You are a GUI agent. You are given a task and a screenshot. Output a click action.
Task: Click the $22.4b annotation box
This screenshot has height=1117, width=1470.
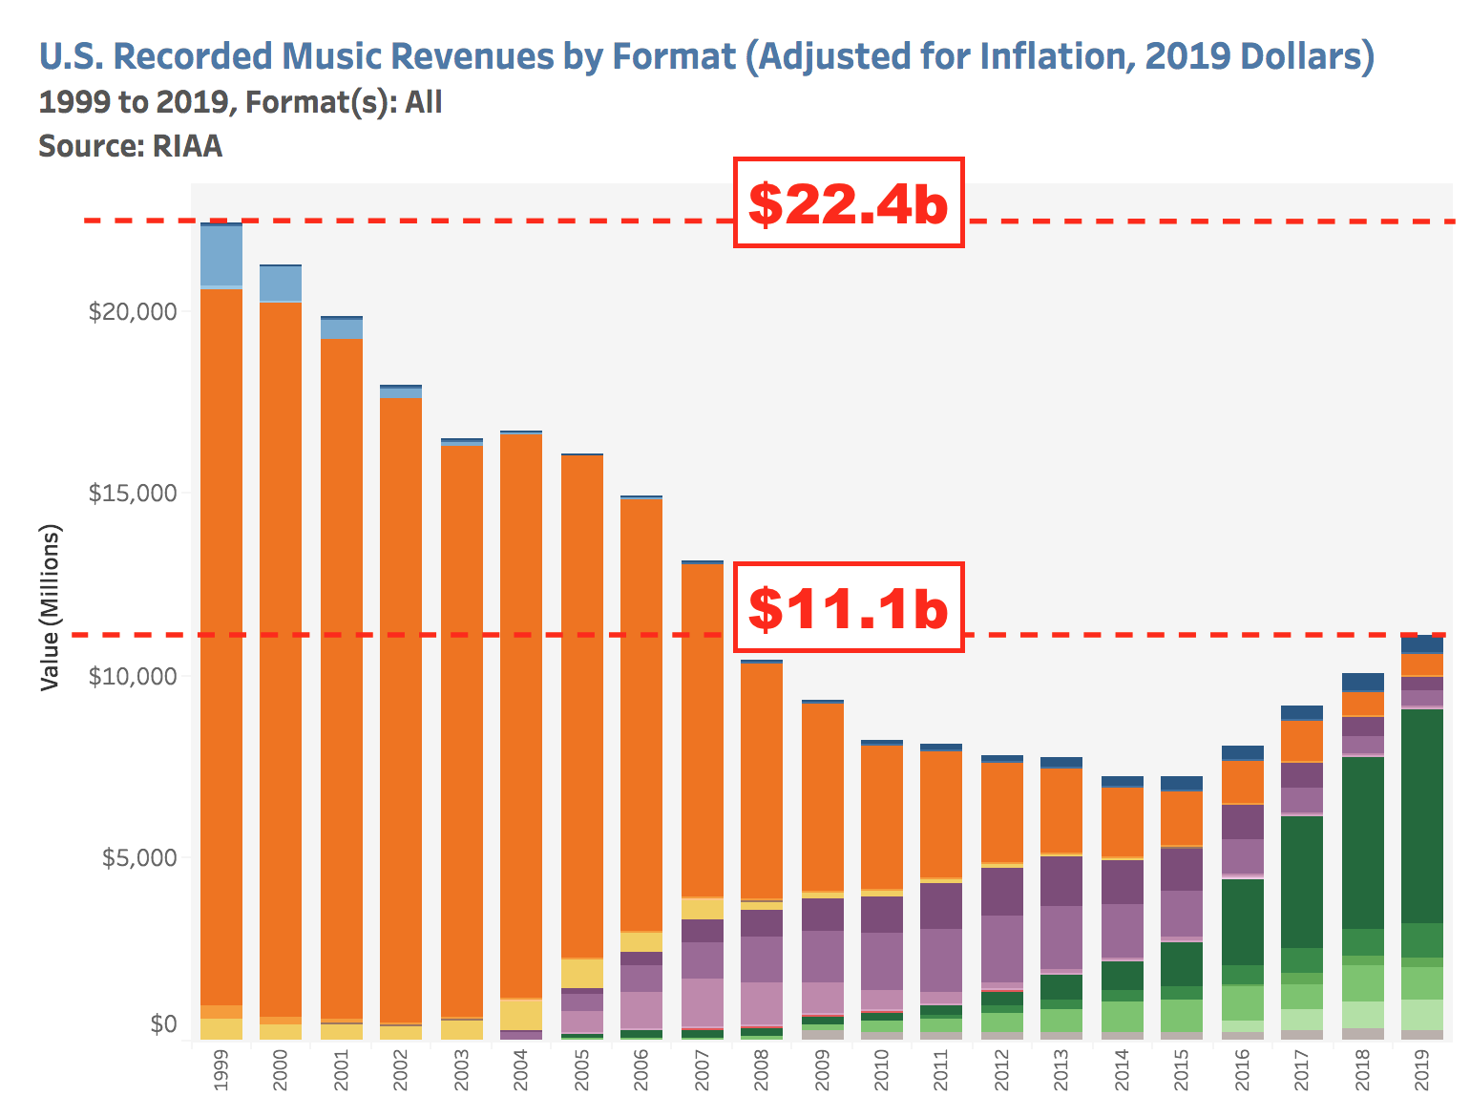[848, 202]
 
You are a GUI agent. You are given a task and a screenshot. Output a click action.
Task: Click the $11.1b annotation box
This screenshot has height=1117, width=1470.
[848, 607]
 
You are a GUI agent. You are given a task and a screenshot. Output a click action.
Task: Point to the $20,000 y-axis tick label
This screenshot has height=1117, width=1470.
[133, 312]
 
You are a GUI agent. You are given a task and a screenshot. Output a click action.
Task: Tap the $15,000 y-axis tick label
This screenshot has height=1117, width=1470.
[133, 494]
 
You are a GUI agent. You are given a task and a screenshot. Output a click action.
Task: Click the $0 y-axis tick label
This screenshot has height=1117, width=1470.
[163, 1024]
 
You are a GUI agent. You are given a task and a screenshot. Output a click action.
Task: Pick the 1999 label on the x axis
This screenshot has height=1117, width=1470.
[221, 1070]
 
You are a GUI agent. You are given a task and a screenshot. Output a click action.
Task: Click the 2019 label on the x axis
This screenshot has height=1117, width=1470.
[1422, 1070]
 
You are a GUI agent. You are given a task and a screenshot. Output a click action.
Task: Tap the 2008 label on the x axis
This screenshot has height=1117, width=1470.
[762, 1070]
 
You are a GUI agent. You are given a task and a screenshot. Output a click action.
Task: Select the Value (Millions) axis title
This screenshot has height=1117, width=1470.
[51, 607]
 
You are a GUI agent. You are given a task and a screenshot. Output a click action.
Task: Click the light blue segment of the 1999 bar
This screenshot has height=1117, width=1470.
[221, 256]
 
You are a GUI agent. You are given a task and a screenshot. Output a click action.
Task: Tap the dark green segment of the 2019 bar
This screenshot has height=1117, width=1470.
[1422, 816]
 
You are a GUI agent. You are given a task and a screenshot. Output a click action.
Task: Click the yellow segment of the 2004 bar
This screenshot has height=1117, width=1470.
[521, 1014]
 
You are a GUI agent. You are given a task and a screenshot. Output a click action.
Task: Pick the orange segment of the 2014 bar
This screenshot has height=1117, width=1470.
[1123, 822]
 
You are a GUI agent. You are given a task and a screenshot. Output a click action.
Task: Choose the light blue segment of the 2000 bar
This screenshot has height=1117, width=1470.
[281, 284]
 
